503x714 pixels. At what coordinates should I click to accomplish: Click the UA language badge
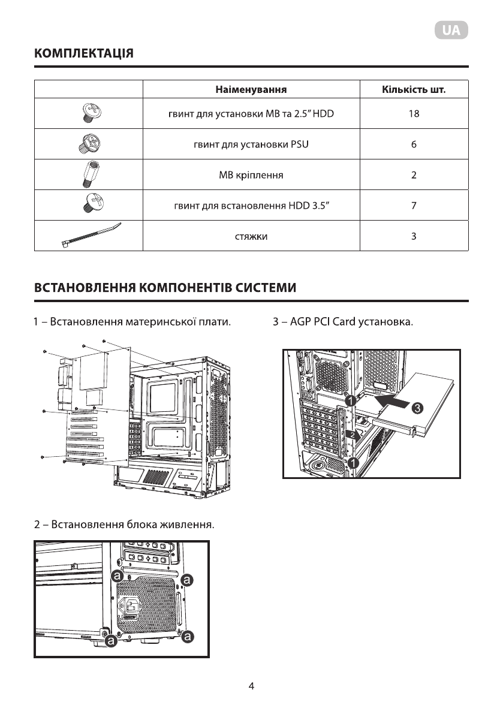[451, 31]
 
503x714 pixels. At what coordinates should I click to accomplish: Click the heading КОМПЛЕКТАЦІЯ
[83, 53]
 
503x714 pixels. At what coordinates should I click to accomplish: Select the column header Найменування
[251, 90]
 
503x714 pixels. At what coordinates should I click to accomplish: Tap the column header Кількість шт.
[413, 90]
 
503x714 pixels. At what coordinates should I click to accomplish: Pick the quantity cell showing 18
[413, 113]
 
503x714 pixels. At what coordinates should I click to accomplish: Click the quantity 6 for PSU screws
[414, 144]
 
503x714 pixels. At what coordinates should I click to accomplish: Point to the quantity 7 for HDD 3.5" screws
[414, 206]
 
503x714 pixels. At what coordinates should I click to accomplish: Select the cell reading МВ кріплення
[251, 176]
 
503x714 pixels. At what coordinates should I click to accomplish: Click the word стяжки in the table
[251, 237]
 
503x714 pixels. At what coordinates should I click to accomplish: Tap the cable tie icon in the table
[90, 235]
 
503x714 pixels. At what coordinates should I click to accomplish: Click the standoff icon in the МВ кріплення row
[88, 174]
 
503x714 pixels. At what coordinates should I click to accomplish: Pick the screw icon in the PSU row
[88, 143]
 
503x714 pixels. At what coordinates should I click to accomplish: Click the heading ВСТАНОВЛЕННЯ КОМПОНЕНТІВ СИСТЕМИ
[165, 288]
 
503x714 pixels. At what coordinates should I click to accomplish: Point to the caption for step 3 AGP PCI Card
[343, 323]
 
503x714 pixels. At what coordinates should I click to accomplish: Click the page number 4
[252, 686]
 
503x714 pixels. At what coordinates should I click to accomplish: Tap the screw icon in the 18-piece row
[88, 112]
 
